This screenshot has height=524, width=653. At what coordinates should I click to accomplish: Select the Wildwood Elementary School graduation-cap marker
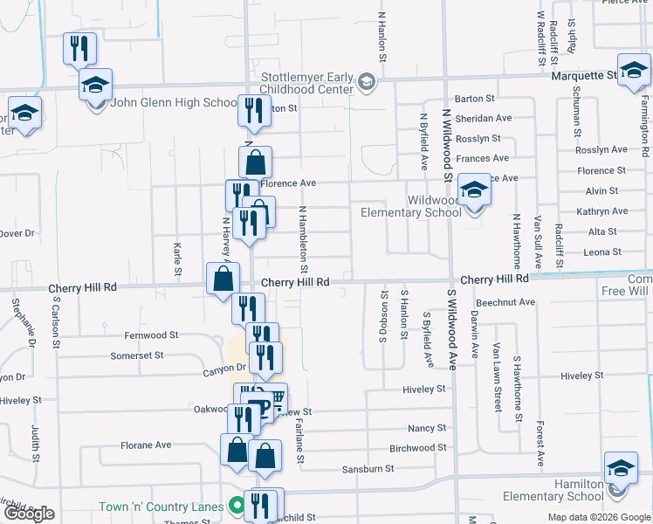point(474,190)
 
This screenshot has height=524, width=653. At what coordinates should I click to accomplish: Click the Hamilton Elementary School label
point(553,490)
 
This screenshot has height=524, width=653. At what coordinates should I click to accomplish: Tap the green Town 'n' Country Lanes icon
point(235,505)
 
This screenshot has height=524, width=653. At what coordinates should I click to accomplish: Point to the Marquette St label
point(584,76)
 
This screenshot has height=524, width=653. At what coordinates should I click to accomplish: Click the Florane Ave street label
point(146,445)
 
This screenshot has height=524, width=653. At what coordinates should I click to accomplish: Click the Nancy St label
point(427,428)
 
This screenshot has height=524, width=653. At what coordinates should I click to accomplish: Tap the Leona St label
point(602,252)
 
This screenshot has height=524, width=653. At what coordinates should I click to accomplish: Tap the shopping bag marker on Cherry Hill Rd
point(223,279)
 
